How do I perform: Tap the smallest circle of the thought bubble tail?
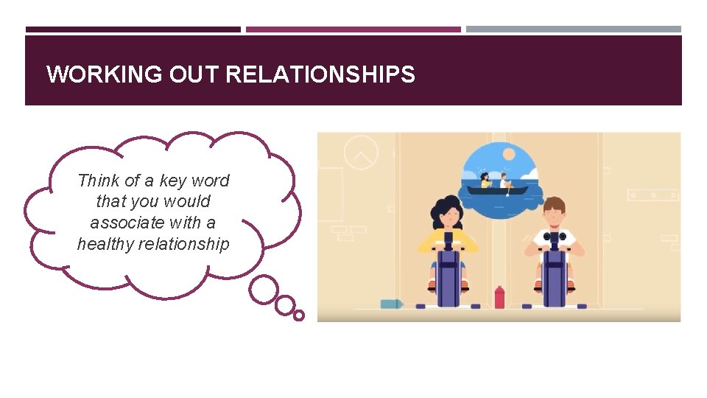coord(298,315)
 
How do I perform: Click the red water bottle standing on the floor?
coord(499,297)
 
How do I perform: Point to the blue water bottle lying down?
coord(392,304)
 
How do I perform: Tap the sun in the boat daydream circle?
coord(508,153)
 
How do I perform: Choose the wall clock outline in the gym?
coord(361,153)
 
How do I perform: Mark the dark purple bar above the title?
coord(133,29)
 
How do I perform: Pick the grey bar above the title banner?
coord(574,29)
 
